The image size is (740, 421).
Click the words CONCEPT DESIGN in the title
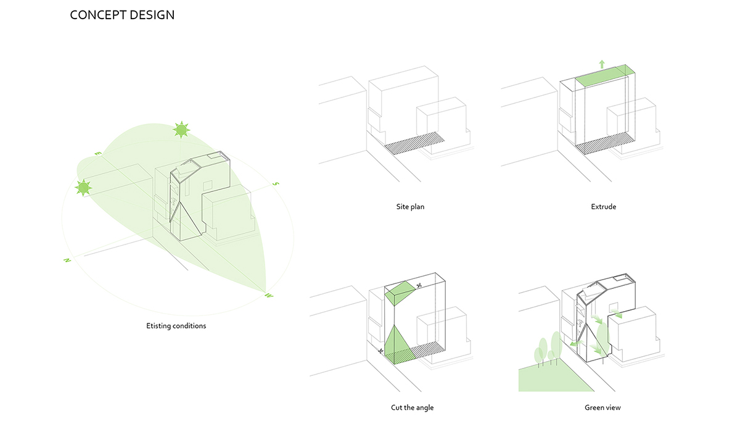click(x=122, y=15)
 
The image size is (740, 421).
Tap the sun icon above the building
click(x=181, y=130)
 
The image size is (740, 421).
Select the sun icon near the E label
click(x=83, y=188)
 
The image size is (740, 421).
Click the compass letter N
click(x=65, y=261)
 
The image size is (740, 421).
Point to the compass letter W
click(x=269, y=296)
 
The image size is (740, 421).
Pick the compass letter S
click(x=276, y=184)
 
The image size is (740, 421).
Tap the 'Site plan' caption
click(x=410, y=207)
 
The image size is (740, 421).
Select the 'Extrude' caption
click(x=603, y=207)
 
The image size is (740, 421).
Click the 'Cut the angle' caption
click(x=412, y=407)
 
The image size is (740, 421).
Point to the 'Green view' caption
click(x=603, y=407)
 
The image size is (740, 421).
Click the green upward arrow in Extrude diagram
click(x=602, y=64)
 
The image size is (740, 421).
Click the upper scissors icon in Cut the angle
click(x=419, y=285)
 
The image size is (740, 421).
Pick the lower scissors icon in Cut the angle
click(x=382, y=351)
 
